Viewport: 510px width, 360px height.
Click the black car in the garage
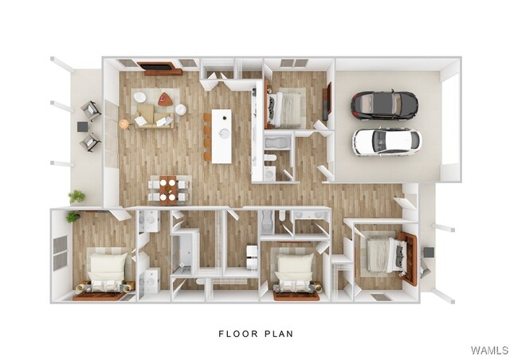[x=384, y=105]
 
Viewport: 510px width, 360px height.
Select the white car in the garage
[x=386, y=142]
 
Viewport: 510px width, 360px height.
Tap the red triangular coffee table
[x=165, y=99]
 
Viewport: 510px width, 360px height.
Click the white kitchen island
[x=222, y=136]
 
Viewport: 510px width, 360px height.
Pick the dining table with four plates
[x=168, y=190]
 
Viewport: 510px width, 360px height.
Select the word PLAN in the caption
[x=279, y=334]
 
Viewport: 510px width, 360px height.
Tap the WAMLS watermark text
[x=489, y=350]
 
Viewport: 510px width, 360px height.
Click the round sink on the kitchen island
[x=225, y=133]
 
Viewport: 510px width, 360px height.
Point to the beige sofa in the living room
[x=155, y=116]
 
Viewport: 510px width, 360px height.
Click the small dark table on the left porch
[x=83, y=127]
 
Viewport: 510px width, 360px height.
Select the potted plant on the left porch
[x=76, y=197]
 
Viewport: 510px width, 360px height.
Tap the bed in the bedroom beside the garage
[x=284, y=110]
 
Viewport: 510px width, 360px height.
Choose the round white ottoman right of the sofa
[x=181, y=109]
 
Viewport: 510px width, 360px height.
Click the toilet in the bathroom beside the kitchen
[x=270, y=158]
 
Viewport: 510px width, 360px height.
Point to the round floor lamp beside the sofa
[x=124, y=124]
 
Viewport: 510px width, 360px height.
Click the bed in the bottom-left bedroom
[x=108, y=273]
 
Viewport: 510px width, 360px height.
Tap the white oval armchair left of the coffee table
[x=140, y=97]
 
